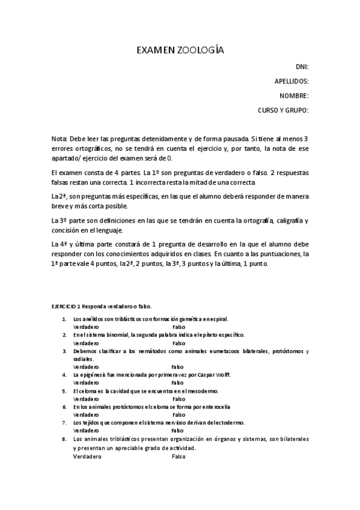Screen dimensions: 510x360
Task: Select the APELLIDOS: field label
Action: (x=291, y=81)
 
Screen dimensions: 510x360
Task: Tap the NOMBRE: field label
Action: (x=294, y=96)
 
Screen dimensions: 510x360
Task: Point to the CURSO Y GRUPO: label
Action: (x=283, y=110)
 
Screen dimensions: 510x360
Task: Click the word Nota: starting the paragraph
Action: (x=60, y=138)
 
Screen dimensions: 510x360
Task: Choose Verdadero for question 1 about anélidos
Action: (x=86, y=327)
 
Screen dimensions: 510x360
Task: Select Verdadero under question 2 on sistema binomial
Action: (x=86, y=342)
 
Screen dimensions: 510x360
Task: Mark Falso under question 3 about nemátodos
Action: (x=178, y=366)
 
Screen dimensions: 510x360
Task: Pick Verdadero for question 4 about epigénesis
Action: (x=86, y=382)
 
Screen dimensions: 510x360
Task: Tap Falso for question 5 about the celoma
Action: (x=178, y=398)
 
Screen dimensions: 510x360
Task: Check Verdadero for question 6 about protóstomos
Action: (x=86, y=414)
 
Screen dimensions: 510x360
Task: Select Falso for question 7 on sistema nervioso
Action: (x=178, y=431)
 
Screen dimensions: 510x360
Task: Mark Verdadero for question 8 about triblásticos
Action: (x=87, y=456)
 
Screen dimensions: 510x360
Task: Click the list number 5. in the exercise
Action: (x=64, y=390)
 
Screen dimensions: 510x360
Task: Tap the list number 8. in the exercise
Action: (x=64, y=439)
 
